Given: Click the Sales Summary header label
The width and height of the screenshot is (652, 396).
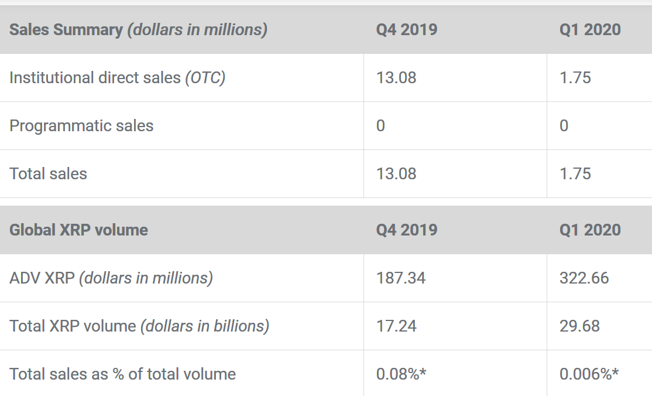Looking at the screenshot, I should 138,30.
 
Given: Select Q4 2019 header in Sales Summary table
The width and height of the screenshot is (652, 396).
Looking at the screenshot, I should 407,30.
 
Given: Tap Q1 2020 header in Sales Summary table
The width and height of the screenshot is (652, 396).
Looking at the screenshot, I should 590,30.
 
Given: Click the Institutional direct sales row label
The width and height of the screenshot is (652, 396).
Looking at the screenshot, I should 117,78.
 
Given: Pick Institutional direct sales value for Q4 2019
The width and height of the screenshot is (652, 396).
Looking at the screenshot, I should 396,78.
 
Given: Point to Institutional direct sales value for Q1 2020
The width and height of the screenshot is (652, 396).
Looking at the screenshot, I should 575,78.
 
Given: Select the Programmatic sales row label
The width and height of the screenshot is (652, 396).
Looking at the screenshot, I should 81,126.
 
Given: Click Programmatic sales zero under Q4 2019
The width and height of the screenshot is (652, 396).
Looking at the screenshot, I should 381,126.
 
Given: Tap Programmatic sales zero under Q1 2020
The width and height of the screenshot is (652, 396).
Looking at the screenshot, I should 564,126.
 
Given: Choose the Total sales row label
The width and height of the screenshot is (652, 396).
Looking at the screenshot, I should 48,174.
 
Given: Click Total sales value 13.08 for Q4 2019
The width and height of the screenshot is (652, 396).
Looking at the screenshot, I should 396,174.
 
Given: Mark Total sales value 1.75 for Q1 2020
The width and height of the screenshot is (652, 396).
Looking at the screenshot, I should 575,174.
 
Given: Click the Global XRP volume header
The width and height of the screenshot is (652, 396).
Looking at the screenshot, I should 78,230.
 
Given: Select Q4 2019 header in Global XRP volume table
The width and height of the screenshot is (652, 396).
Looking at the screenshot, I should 407,230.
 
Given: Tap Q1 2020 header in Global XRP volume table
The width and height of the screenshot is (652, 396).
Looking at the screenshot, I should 590,230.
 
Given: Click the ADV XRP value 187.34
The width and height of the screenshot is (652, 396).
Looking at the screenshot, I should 401,278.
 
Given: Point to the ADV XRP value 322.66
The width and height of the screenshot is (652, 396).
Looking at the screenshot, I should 584,278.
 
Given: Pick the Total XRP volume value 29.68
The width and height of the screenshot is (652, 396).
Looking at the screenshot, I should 579,326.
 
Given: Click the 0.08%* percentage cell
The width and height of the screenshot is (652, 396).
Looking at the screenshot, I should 401,374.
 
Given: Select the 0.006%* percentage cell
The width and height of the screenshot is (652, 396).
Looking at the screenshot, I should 589,374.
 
